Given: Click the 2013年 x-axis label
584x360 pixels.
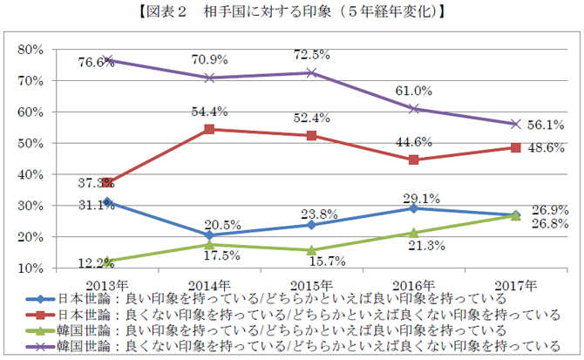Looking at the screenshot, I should (x=108, y=284).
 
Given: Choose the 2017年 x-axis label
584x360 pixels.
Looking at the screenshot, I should (x=515, y=284).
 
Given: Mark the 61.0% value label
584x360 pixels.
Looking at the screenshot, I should (x=414, y=91).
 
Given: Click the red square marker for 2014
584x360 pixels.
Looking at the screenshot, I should (x=210, y=129).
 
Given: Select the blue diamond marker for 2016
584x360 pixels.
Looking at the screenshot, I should (x=414, y=208).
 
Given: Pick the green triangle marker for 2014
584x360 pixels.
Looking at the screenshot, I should (x=210, y=244).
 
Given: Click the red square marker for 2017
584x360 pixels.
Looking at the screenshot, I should (x=515, y=147).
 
